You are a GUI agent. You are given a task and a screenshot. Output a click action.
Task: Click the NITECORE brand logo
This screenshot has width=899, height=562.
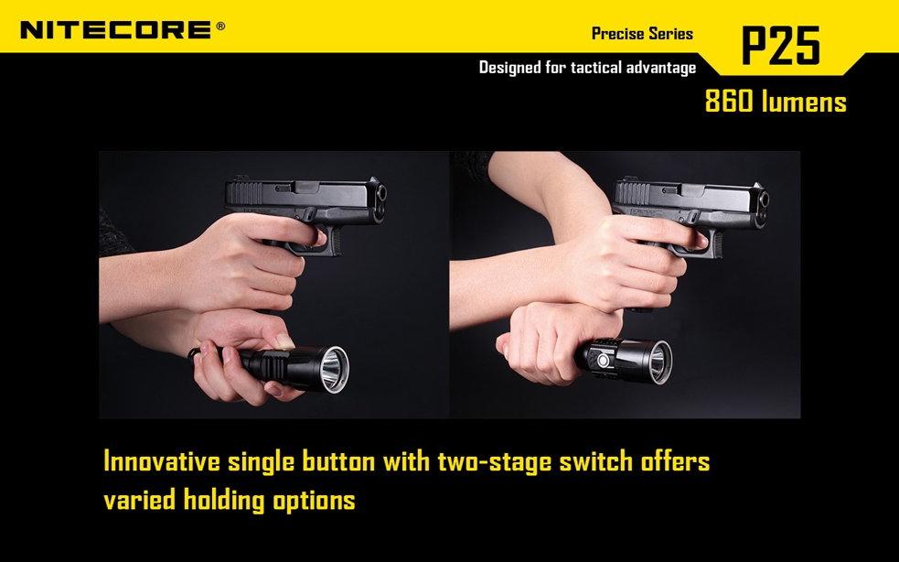click(115, 30)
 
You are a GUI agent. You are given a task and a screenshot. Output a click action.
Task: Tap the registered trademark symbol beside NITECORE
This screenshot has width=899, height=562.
click(220, 26)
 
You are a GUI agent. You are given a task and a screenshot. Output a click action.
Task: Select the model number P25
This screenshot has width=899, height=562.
click(780, 45)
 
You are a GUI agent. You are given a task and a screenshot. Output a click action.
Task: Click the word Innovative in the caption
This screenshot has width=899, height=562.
click(162, 462)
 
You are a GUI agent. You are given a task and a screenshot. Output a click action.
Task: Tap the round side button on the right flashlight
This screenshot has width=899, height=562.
click(603, 361)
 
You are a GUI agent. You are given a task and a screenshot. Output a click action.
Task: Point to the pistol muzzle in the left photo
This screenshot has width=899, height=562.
click(381, 193)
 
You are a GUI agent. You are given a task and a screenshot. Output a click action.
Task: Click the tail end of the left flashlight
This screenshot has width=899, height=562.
click(193, 351)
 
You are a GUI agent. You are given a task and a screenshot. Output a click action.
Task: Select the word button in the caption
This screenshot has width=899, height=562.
click(339, 462)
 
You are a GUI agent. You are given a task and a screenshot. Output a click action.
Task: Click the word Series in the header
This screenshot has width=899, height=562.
click(670, 34)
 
